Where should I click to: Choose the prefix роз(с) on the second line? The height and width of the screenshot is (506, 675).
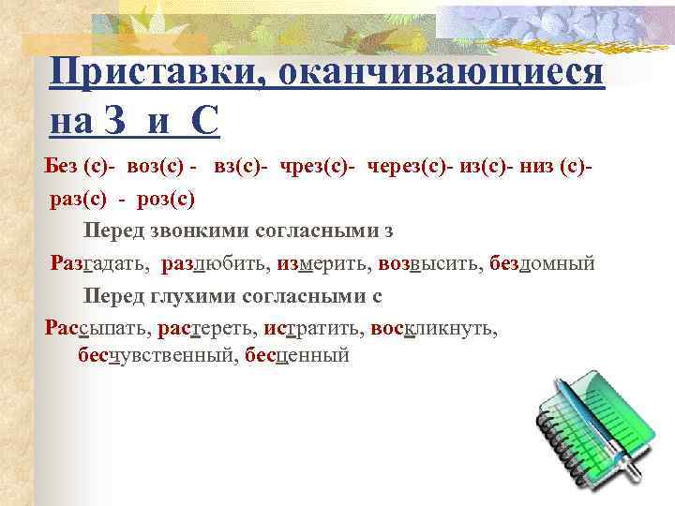(166, 198)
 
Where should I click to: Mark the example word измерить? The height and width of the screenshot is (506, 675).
(322, 263)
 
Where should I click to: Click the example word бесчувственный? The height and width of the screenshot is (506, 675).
(157, 355)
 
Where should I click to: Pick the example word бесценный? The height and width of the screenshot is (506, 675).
(296, 355)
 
